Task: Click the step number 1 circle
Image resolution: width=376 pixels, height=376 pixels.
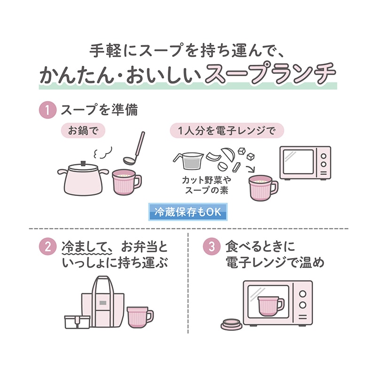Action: coord(47,111)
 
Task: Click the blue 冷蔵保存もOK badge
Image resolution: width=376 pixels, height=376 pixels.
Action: coord(188,211)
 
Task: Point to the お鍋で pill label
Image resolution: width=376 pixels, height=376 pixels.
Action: coord(83,130)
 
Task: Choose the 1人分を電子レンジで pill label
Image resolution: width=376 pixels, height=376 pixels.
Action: coord(227,130)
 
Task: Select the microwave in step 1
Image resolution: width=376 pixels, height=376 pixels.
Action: coord(305,163)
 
